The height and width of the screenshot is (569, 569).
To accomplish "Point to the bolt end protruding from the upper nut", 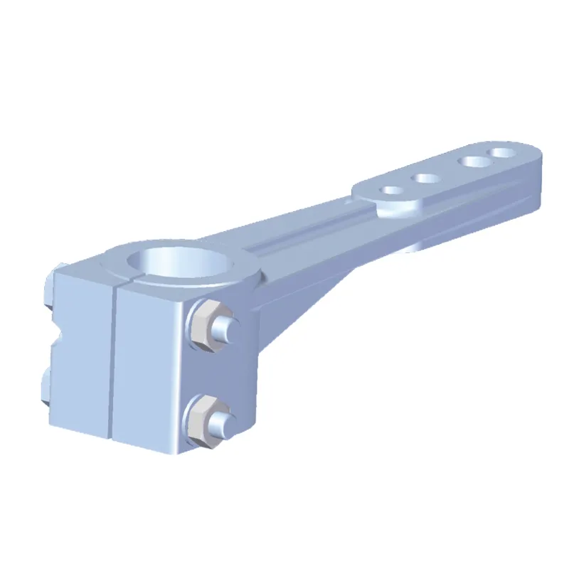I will (x=225, y=329).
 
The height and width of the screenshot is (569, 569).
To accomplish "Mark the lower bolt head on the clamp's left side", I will (x=44, y=390).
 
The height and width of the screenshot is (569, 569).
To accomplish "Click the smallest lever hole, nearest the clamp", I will (x=390, y=191).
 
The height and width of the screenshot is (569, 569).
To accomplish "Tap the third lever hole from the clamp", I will (x=472, y=161).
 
